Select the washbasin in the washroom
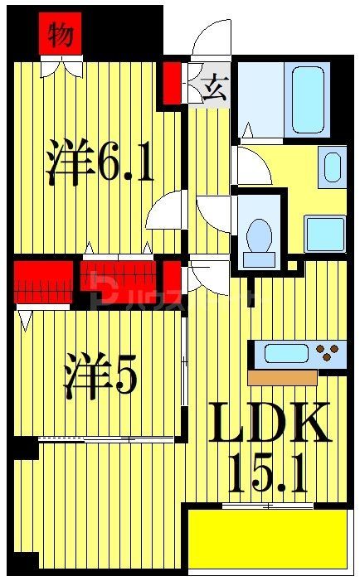coord(333,167)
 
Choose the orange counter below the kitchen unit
coord(282,377)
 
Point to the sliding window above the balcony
coord(266,505)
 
